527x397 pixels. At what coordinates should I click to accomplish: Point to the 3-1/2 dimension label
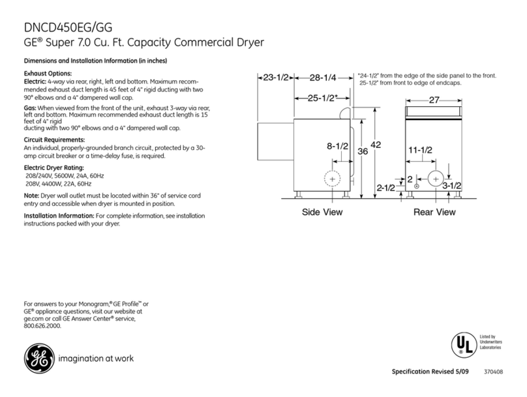tap(451, 186)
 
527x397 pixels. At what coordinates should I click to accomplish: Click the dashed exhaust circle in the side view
tap(332, 179)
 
